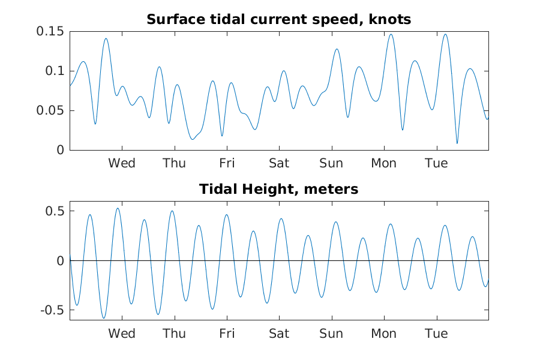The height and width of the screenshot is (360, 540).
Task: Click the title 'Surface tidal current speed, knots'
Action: point(278,20)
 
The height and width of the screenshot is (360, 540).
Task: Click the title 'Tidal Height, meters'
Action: point(278,190)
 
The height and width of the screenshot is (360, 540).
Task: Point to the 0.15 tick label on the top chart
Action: point(50,31)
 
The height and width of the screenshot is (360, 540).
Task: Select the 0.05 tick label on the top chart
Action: point(50,110)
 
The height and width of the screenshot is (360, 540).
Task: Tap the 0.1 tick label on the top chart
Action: point(55,71)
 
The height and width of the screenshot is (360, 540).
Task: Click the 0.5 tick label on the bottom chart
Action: point(55,211)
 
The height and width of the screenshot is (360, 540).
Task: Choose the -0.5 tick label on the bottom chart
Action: point(52,310)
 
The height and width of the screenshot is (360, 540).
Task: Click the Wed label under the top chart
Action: point(122,163)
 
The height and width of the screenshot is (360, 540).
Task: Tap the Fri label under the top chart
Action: point(227,163)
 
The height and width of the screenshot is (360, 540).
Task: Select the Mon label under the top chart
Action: point(384,163)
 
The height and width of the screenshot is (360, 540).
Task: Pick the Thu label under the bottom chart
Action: point(174,334)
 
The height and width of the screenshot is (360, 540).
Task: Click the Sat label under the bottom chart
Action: point(279,334)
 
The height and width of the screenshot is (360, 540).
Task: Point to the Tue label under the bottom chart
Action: point(436,334)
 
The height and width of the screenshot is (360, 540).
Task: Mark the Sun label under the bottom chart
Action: point(331,334)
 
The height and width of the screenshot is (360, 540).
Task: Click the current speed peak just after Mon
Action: point(391,34)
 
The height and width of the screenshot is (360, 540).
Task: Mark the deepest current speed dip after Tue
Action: point(457,143)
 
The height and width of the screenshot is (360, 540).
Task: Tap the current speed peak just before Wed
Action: point(106,38)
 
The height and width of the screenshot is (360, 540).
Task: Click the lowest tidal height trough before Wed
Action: point(104,318)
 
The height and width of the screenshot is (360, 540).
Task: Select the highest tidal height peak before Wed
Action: point(118,208)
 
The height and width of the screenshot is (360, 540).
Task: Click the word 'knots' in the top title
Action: point(390,20)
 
